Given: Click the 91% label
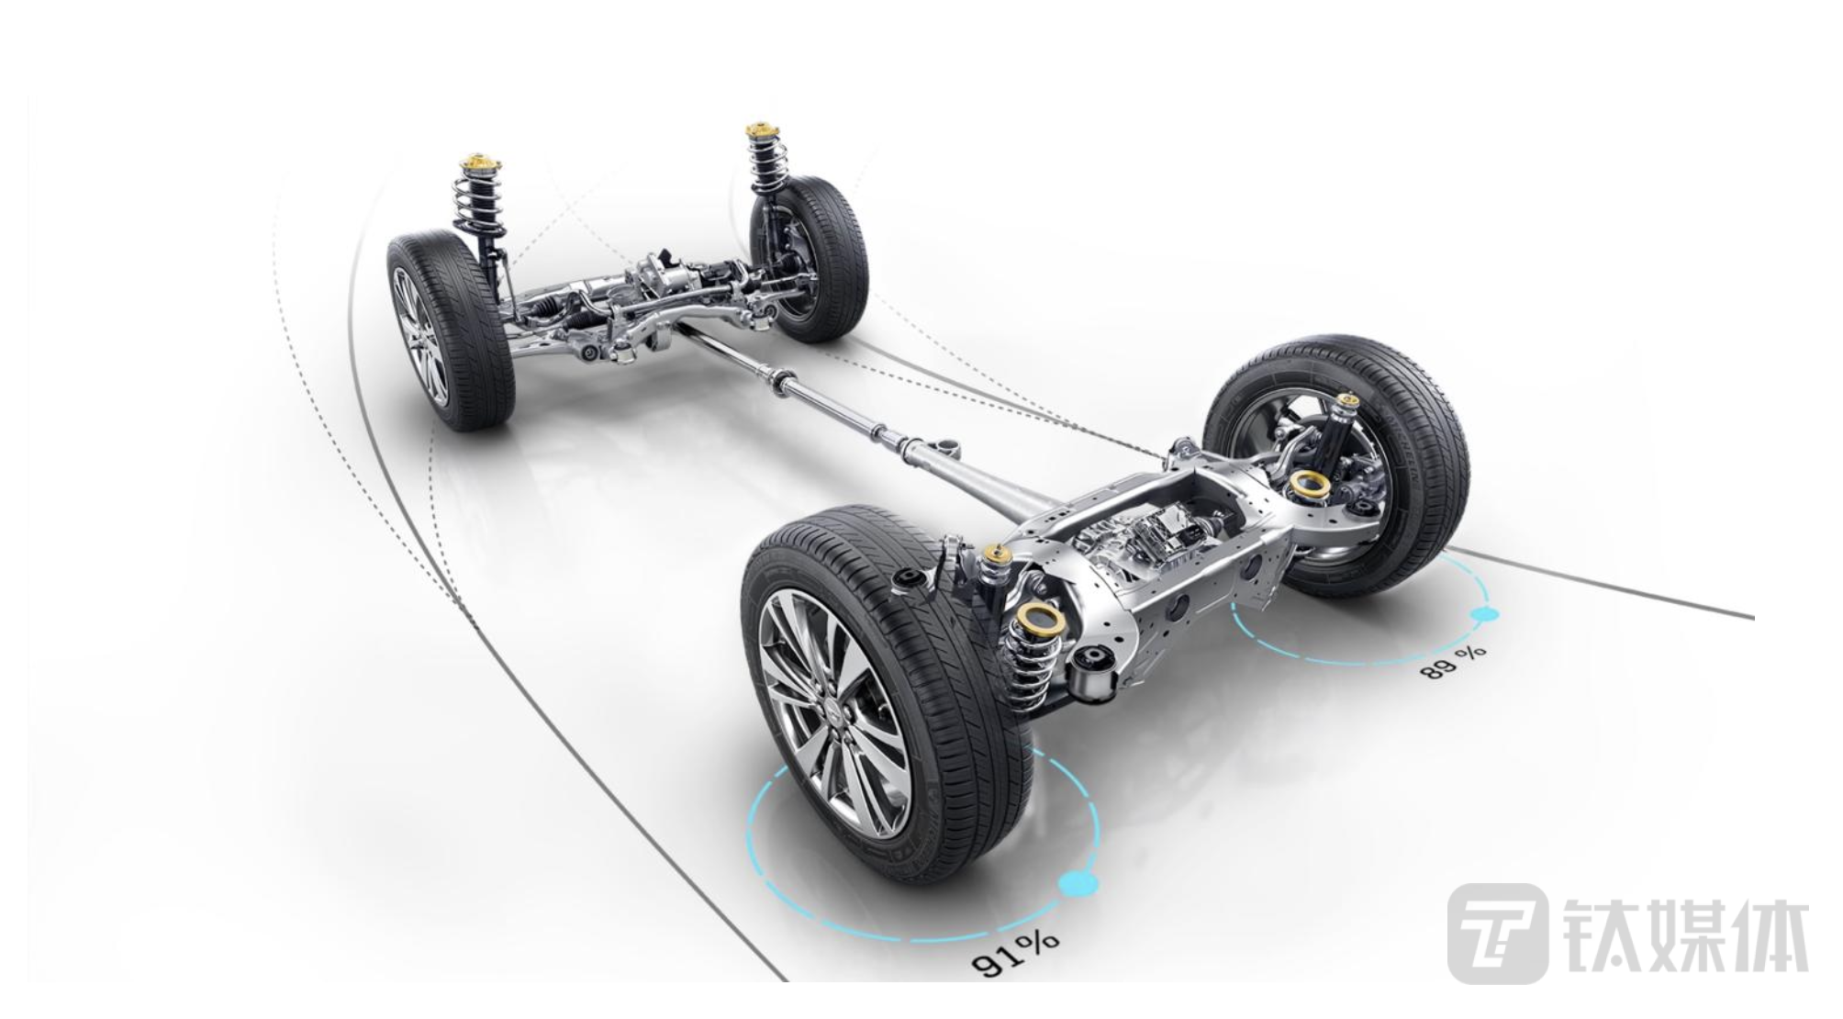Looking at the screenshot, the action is click(1015, 951).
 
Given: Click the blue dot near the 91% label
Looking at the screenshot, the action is click(1078, 883).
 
